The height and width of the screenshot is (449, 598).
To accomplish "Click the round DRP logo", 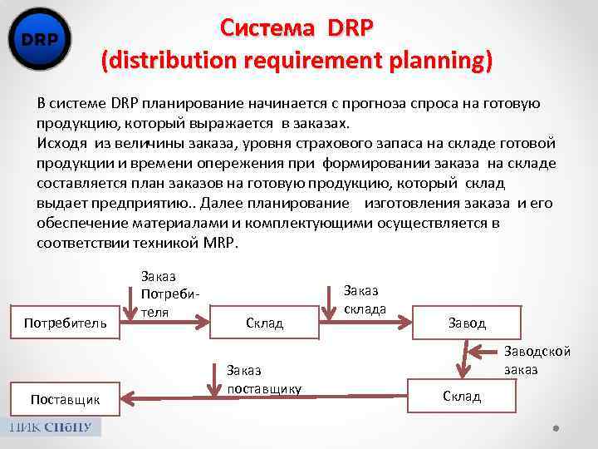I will [x=39, y=39].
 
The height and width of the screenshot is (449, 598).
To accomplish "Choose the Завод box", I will [x=467, y=322].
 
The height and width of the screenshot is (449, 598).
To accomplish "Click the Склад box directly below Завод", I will [x=462, y=396].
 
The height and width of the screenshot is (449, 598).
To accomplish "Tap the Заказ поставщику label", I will [x=263, y=379].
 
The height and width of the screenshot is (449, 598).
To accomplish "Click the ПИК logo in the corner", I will [x=54, y=427].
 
